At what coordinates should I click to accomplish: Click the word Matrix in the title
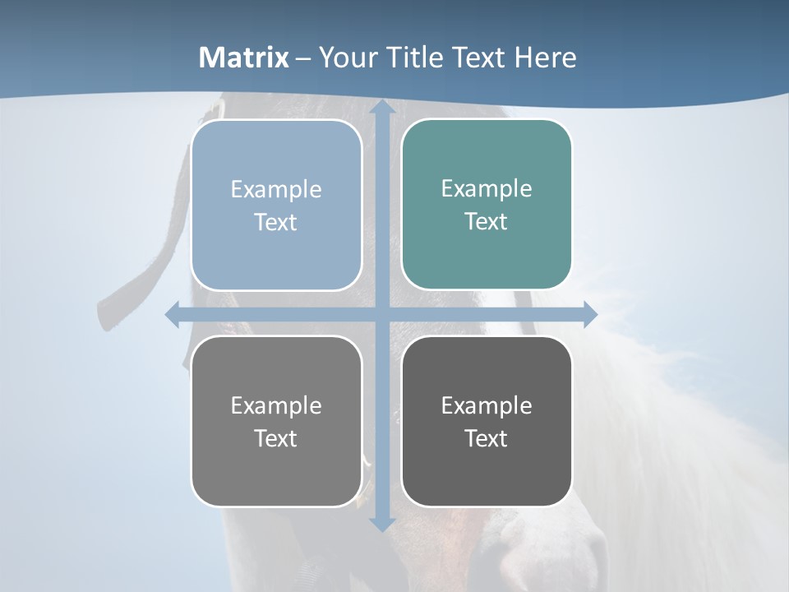(244, 58)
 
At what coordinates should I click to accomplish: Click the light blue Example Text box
(276, 205)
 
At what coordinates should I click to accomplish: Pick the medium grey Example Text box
(276, 421)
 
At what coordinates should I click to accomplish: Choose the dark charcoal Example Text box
(487, 421)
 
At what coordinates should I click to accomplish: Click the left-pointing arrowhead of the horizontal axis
(173, 314)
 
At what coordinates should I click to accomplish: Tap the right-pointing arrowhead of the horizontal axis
(589, 314)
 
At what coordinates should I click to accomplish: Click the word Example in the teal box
(487, 188)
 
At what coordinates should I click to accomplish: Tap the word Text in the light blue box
(275, 222)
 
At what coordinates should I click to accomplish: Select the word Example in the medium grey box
(276, 405)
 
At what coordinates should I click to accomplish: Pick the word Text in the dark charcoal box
(487, 438)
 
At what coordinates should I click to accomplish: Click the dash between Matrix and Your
(303, 58)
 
